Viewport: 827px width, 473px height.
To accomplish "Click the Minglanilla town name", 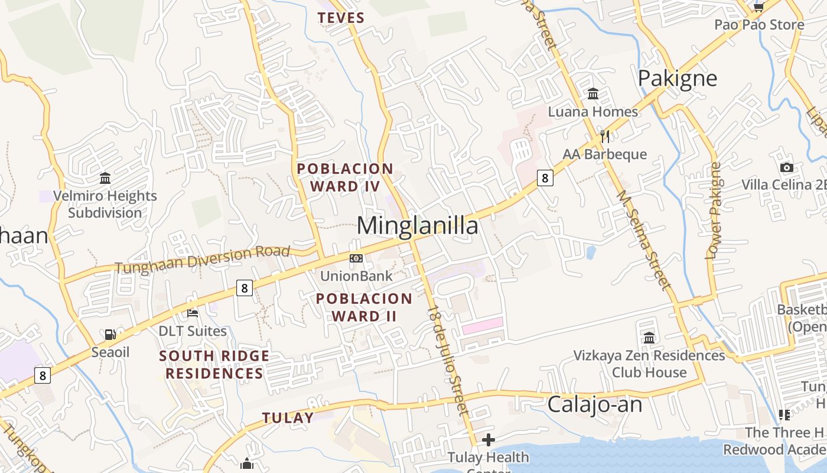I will (x=418, y=226).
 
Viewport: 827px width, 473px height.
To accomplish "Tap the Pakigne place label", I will (x=678, y=78).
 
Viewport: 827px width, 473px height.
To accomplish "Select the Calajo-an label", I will (x=594, y=404).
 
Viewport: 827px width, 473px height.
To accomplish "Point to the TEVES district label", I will (x=341, y=18).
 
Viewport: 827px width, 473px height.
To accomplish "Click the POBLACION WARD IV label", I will (x=345, y=177).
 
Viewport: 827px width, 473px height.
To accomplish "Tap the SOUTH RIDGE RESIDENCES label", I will (x=214, y=365).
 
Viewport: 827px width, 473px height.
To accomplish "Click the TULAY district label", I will (x=288, y=417).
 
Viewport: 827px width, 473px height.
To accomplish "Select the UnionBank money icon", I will (x=356, y=258).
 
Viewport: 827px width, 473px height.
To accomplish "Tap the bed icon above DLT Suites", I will (x=193, y=313).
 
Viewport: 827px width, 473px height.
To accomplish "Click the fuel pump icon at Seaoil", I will (x=110, y=335).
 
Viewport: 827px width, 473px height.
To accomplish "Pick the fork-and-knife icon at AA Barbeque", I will (x=604, y=137).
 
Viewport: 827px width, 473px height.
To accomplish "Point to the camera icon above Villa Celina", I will (x=786, y=167).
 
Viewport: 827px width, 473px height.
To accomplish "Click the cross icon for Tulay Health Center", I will (x=488, y=440).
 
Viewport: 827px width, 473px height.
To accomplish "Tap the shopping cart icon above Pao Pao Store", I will (x=759, y=7).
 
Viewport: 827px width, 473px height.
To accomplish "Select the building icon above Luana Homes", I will (x=593, y=93).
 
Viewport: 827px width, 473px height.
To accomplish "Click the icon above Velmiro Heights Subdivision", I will (x=105, y=178).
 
